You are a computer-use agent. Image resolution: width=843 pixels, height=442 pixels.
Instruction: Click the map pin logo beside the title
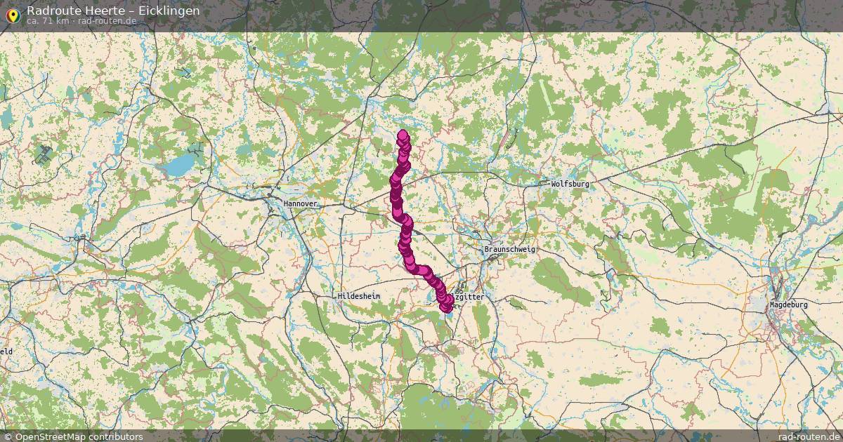[12, 14]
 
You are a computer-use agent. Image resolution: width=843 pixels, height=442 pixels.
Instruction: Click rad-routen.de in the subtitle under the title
[107, 21]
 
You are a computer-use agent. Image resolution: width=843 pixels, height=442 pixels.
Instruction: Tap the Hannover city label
[301, 203]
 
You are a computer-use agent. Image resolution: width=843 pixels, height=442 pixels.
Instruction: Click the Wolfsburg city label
[570, 184]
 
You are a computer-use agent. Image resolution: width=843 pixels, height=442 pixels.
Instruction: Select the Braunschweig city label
[509, 250]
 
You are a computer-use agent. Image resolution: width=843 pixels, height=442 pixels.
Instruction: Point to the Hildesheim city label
[358, 297]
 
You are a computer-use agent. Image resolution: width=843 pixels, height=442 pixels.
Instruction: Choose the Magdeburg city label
[788, 305]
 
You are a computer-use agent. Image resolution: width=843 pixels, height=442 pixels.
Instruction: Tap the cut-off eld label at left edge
[6, 351]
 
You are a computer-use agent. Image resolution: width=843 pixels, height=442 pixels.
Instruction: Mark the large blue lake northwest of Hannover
[179, 166]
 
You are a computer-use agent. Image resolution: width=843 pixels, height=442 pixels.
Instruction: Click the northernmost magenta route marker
[403, 135]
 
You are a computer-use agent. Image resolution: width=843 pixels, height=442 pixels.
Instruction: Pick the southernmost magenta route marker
[445, 307]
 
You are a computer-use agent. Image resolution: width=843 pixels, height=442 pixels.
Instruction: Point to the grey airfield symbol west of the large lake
[44, 156]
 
